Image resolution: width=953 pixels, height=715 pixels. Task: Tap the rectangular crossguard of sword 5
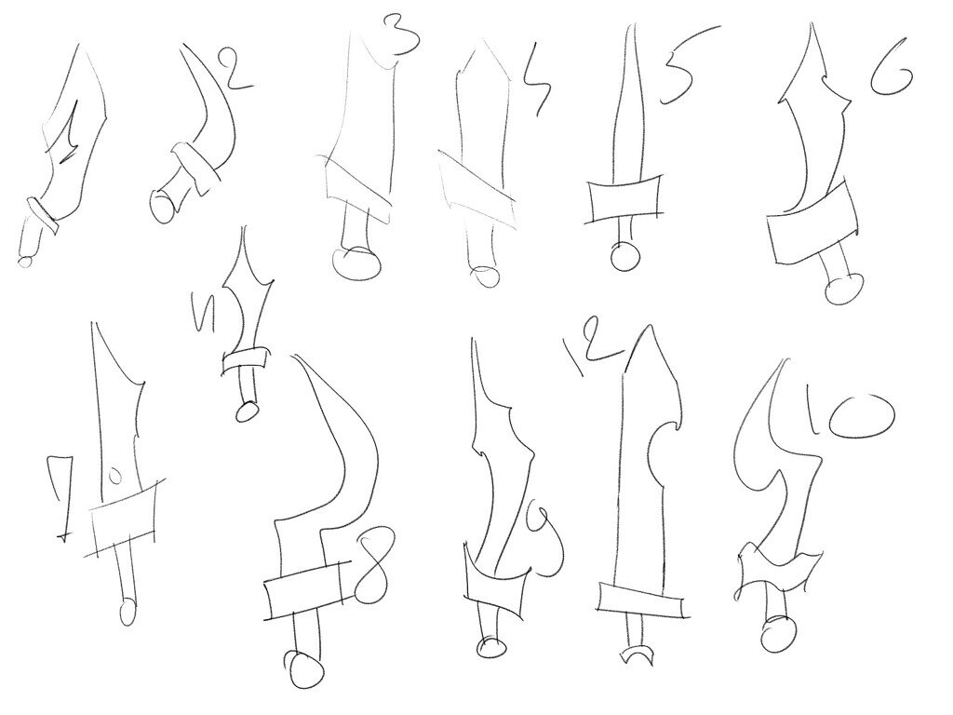pyautogui.click(x=625, y=200)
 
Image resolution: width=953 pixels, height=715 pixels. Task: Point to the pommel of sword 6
pyautogui.click(x=841, y=287)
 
